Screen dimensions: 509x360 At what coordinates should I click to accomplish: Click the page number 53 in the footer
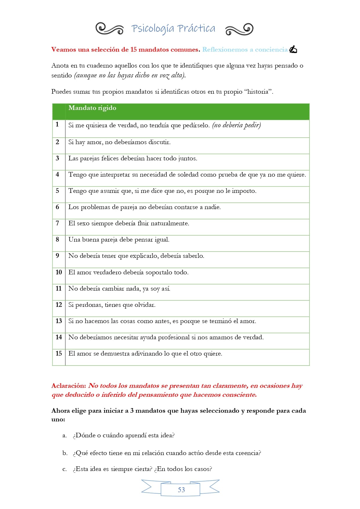tap(181, 490)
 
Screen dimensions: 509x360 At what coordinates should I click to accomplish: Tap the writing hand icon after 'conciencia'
tap(293, 50)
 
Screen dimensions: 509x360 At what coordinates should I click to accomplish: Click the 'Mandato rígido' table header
tap(92, 108)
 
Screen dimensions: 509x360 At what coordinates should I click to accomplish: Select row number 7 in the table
tap(57, 223)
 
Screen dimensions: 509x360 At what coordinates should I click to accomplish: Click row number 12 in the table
tap(59, 305)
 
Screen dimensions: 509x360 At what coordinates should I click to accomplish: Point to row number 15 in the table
tap(59, 353)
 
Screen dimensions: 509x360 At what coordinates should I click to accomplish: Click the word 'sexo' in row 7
tap(83, 223)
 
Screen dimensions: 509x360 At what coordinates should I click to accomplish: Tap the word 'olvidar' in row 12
tap(145, 305)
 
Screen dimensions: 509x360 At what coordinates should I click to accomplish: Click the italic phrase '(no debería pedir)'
tap(236, 125)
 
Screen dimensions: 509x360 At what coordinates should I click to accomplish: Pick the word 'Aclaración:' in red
tap(69, 386)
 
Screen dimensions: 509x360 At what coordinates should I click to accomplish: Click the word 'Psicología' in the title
tap(153, 29)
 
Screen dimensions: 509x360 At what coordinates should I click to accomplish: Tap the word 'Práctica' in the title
tap(196, 28)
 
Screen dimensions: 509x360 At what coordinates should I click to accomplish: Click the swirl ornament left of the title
tap(109, 29)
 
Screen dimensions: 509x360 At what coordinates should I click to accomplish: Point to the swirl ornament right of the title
tap(239, 29)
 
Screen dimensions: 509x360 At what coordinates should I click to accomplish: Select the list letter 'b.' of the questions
tap(65, 453)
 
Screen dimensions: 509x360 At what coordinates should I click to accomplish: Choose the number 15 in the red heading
tap(133, 50)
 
